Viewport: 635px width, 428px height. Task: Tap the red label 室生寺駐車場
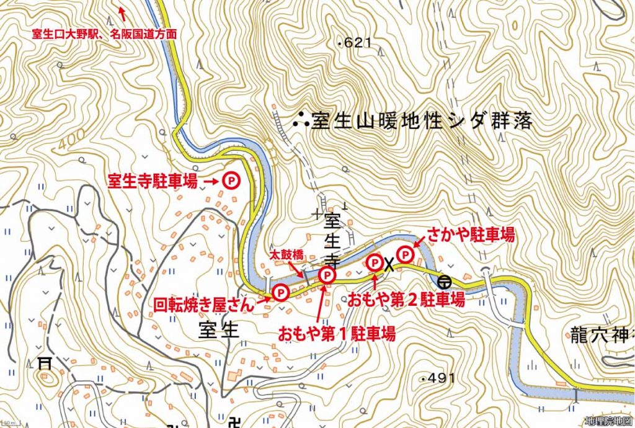coord(153,181)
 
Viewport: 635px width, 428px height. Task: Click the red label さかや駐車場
coord(470,234)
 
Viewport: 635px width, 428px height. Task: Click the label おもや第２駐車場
coord(406,300)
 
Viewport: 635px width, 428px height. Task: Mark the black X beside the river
coord(389,265)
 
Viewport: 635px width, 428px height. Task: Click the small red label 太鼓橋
coord(286,254)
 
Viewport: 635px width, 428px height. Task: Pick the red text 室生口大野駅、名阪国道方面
coord(105,35)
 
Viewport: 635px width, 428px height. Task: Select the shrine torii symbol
coord(45,362)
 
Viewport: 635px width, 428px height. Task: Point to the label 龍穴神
coord(598,337)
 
